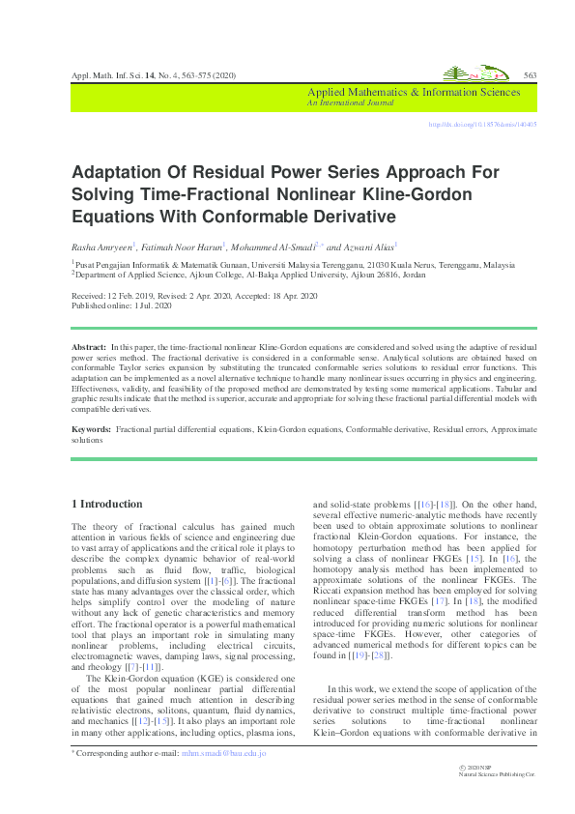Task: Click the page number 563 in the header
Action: coord(530,75)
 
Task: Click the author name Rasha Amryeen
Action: coord(101,247)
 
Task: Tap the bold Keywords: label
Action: coord(93,427)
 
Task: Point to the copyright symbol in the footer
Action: coord(467,766)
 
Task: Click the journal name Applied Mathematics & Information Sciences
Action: coord(413,93)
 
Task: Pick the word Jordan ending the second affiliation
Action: coord(414,274)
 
